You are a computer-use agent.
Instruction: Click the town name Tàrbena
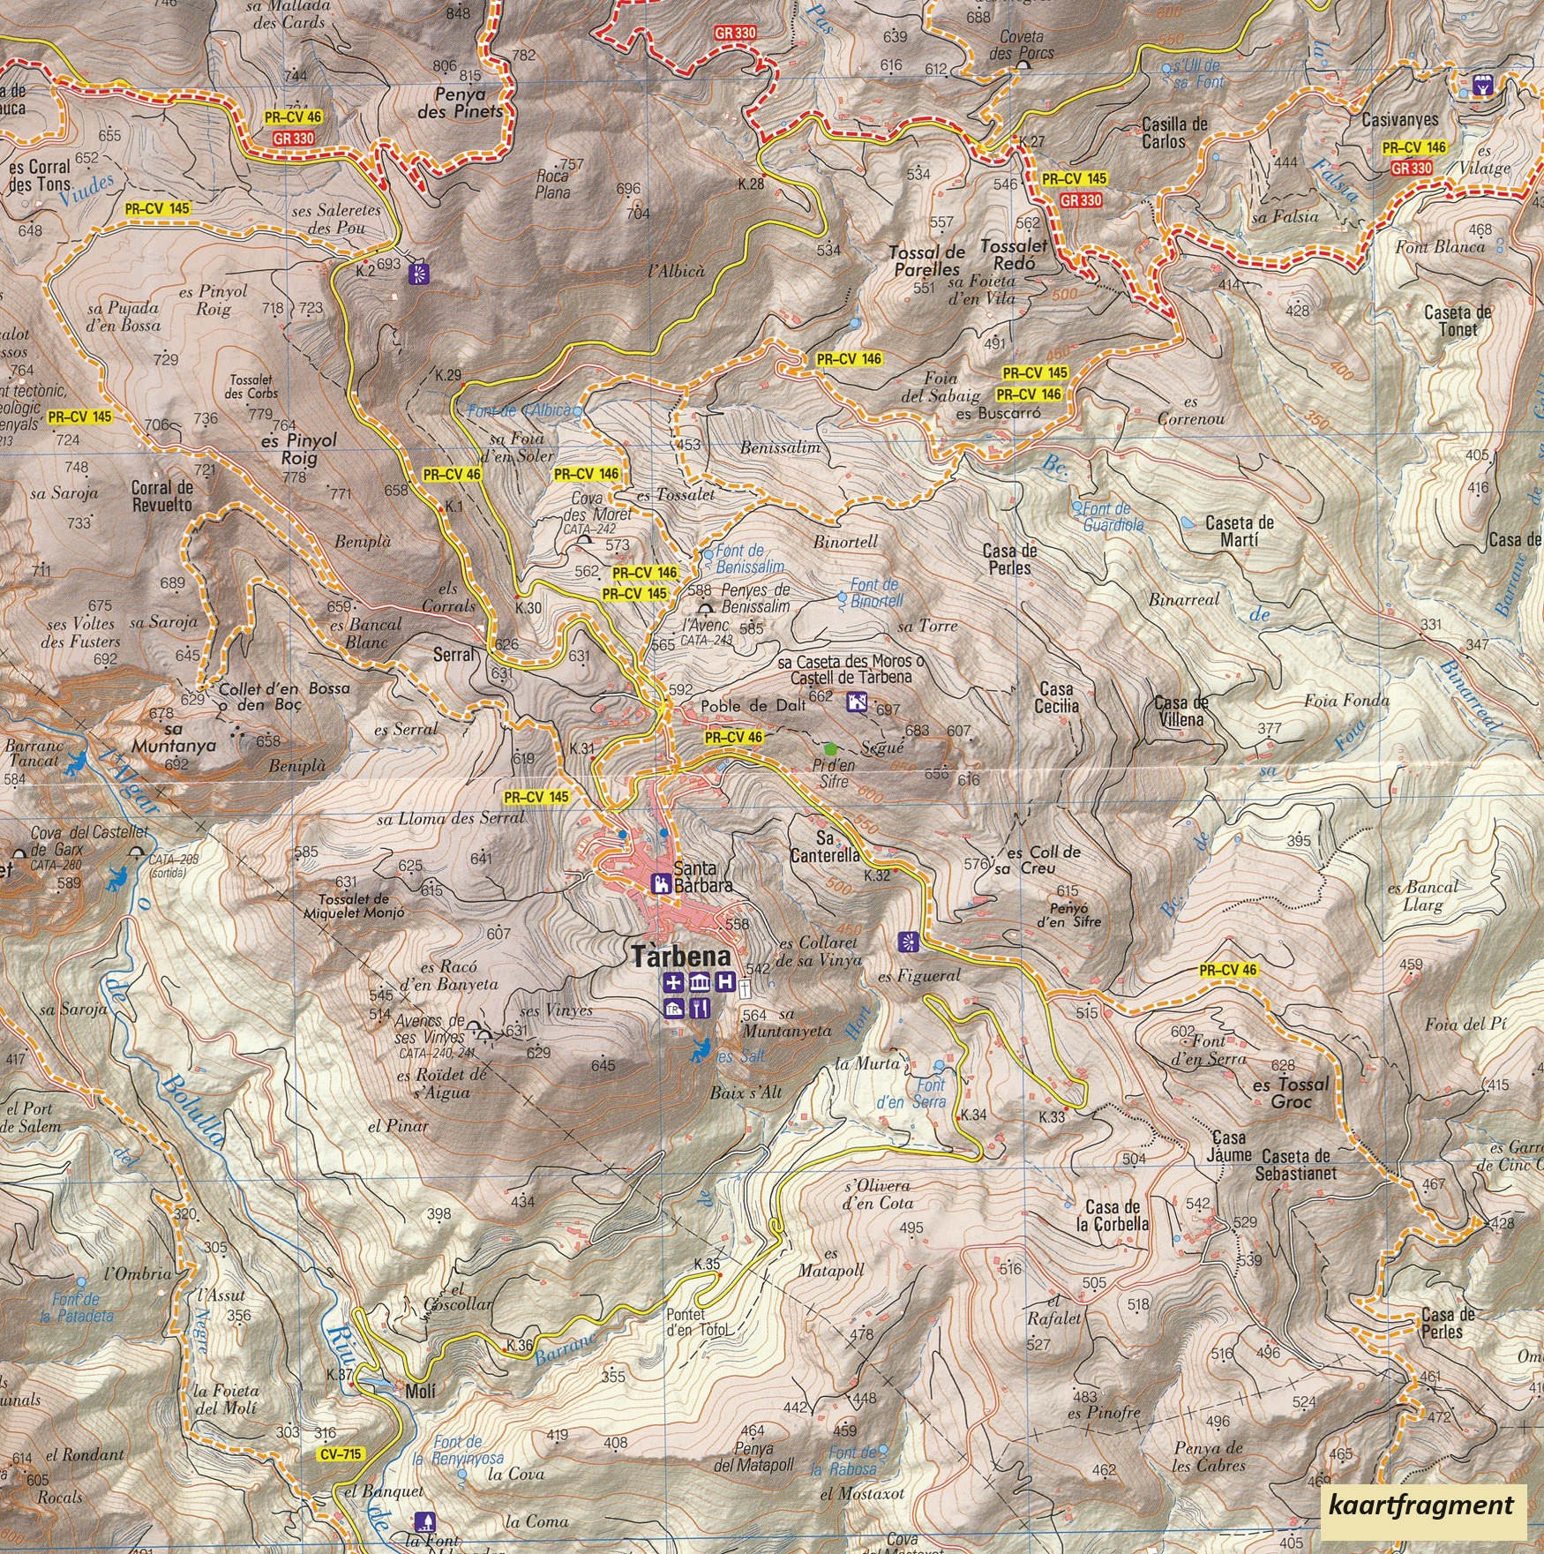[x=681, y=957]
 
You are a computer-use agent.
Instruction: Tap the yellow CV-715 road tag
[x=341, y=1453]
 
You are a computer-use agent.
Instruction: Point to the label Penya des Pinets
[x=460, y=102]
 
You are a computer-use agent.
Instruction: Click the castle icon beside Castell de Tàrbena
[x=857, y=702]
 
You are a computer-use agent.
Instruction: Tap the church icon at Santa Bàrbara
[x=659, y=883]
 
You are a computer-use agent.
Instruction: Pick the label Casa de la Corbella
[x=1113, y=1215]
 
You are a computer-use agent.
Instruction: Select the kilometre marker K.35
[x=707, y=1264]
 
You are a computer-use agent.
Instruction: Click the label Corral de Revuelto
[x=161, y=496]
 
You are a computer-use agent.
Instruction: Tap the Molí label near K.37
[x=420, y=1392]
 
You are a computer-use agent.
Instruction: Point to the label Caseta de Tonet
[x=1458, y=320]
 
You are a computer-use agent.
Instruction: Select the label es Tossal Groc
[x=1291, y=1092]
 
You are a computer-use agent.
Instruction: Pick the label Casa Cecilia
[x=1056, y=697]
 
